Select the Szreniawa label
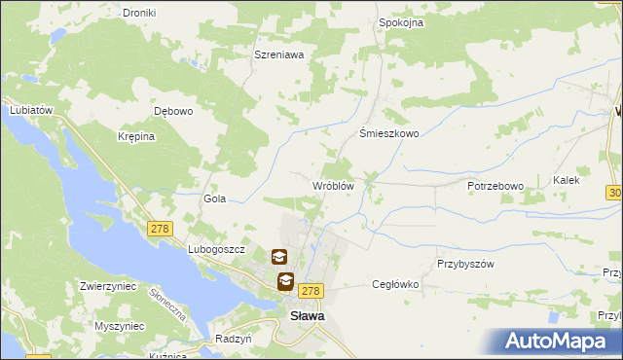tap(279, 55)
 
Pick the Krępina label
tap(136, 137)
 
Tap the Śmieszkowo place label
tap(389, 134)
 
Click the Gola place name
tap(214, 198)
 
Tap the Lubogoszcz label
tap(215, 250)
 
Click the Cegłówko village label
tap(395, 285)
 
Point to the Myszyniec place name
tap(121, 326)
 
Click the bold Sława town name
tap(308, 315)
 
